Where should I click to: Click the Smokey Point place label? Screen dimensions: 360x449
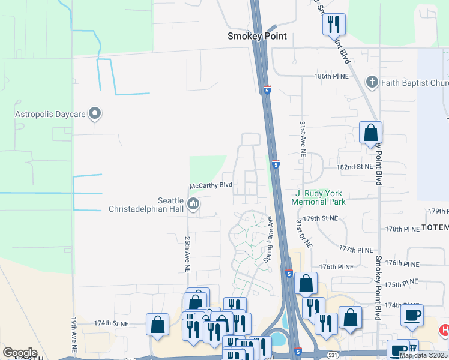tap(256, 36)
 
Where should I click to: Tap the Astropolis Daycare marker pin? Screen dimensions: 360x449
tap(94, 113)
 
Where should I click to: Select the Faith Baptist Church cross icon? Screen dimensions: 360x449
tap(372, 82)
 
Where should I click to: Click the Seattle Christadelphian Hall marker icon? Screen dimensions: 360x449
tap(193, 205)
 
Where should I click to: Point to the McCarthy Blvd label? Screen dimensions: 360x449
tap(211, 186)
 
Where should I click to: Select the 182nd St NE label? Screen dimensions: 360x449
tap(355, 167)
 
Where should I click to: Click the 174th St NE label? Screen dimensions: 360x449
tap(111, 323)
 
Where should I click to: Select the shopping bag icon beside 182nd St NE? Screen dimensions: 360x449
tap(371, 133)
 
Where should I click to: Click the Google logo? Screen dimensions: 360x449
tap(20, 353)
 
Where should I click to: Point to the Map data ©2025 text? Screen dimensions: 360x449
tap(423, 355)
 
